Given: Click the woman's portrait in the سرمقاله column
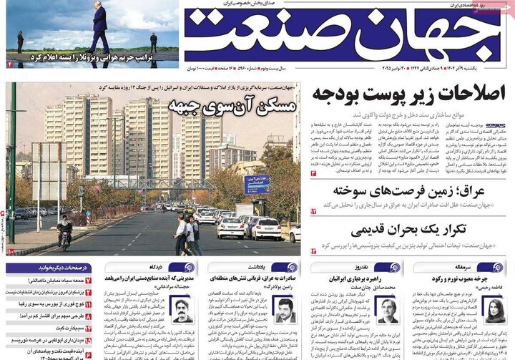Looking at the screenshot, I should (494, 308).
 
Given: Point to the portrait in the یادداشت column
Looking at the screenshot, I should (285, 310).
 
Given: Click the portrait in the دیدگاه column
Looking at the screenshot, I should (181, 310).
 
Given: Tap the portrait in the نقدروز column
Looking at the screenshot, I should (387, 309).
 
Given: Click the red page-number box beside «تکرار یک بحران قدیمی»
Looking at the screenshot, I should (313, 251).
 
